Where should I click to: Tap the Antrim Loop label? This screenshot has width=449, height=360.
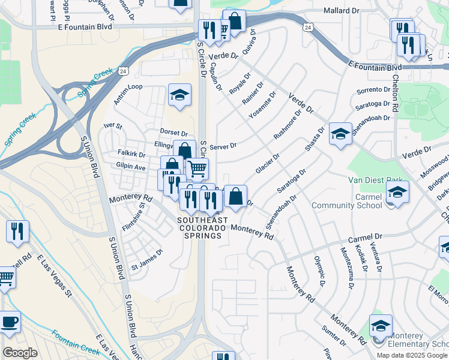(x=128, y=87)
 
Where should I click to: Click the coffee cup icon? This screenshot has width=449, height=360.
(x=9, y=322)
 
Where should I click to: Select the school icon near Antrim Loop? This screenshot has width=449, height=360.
(x=179, y=95)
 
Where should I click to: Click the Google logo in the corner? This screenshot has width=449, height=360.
(x=20, y=353)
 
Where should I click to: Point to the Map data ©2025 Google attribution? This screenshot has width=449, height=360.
(x=412, y=355)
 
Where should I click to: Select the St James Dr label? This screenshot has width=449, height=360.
(x=147, y=260)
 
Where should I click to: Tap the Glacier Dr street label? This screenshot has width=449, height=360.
(x=268, y=164)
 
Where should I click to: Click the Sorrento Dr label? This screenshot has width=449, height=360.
(x=373, y=90)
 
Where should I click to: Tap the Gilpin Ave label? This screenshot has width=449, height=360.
(x=131, y=168)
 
